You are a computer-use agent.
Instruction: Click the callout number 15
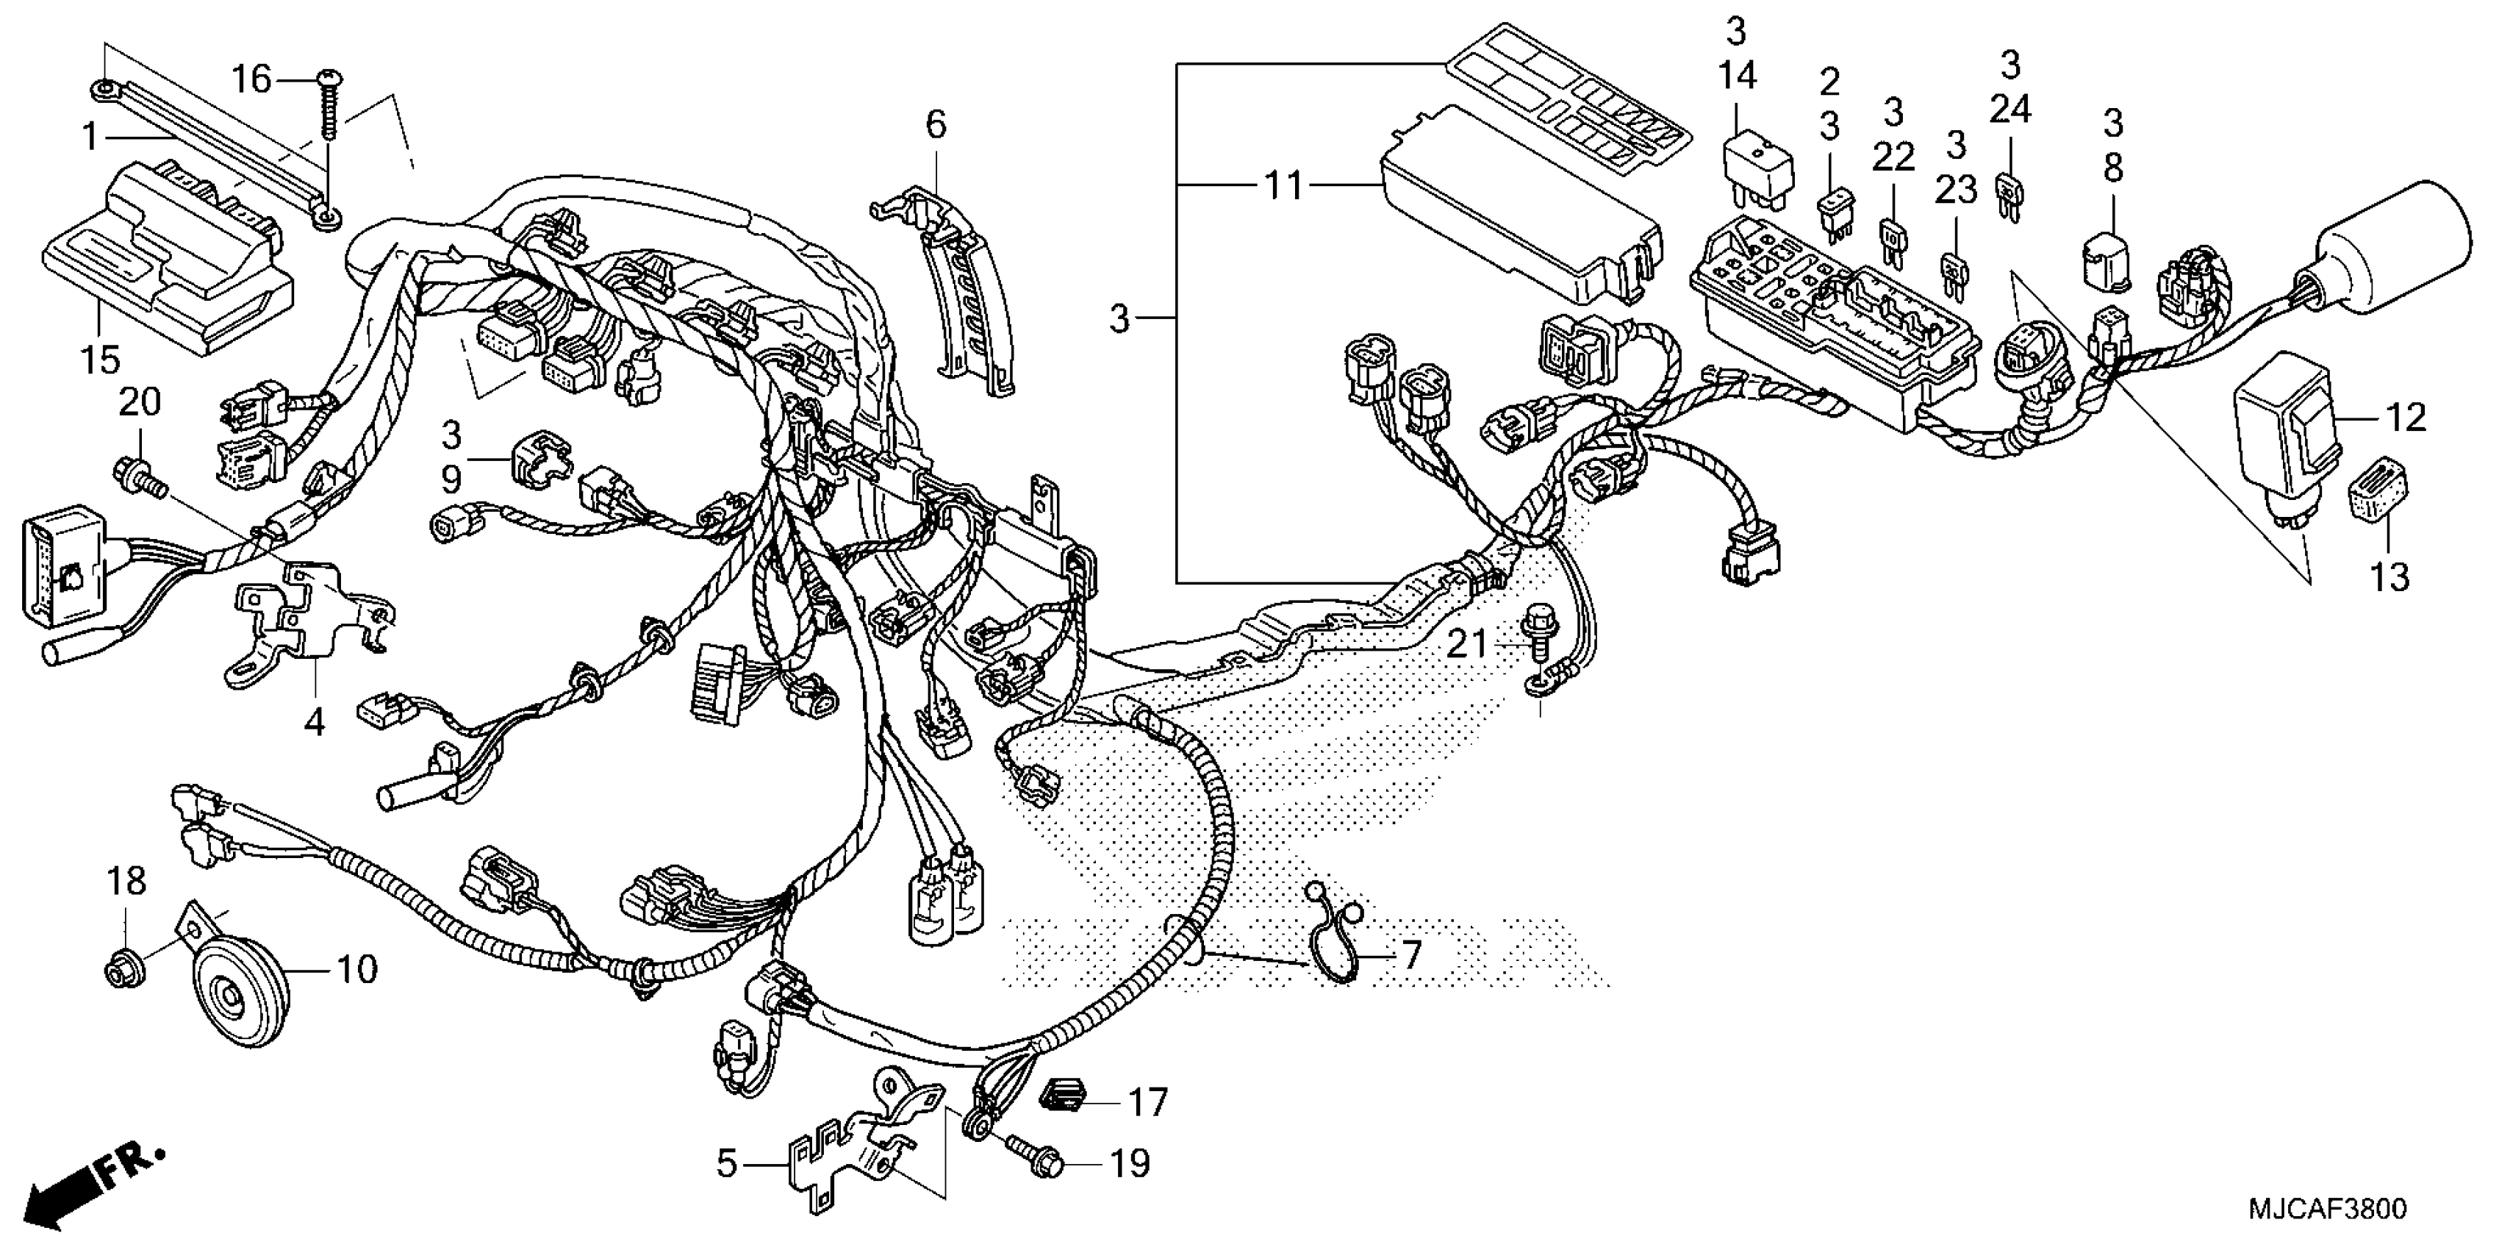click(100, 360)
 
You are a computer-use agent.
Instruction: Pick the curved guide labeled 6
click(961, 301)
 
